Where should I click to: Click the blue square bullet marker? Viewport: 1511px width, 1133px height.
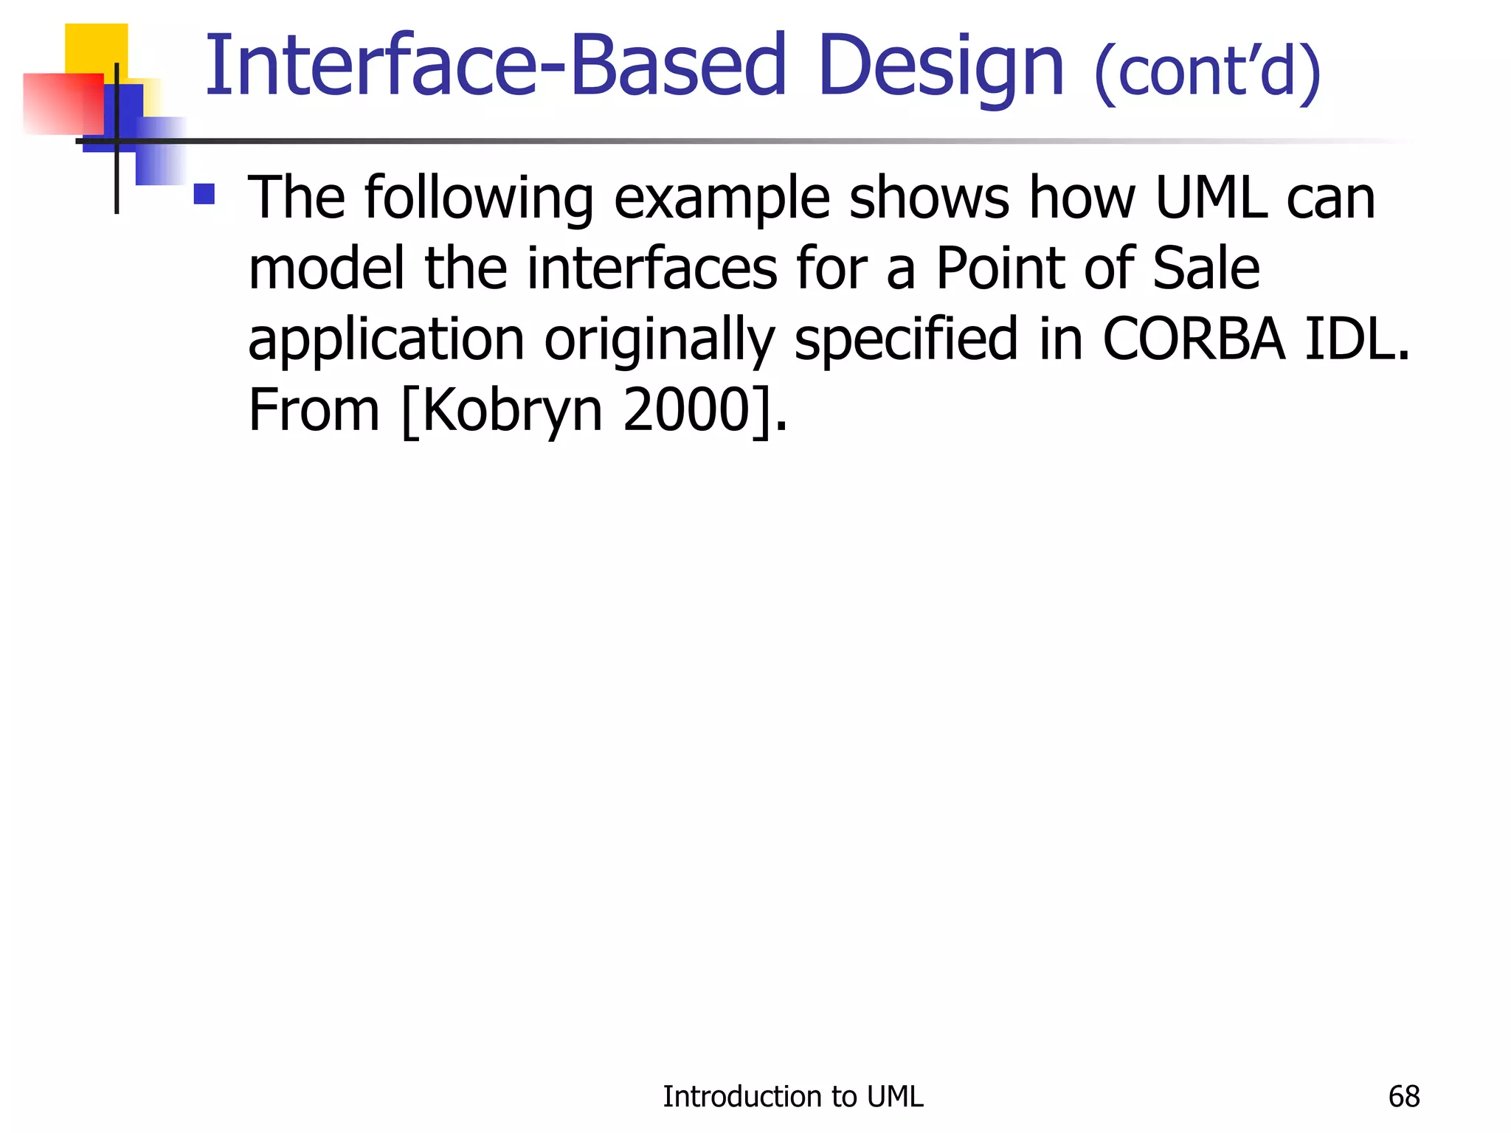point(204,194)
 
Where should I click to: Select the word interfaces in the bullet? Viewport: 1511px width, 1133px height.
point(651,268)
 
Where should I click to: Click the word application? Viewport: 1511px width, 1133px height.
point(386,339)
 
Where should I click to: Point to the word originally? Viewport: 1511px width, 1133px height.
point(659,339)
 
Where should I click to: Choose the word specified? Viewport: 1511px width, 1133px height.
point(905,339)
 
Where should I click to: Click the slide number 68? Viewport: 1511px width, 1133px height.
point(1403,1097)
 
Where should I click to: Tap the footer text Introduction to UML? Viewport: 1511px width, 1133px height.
point(792,1097)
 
